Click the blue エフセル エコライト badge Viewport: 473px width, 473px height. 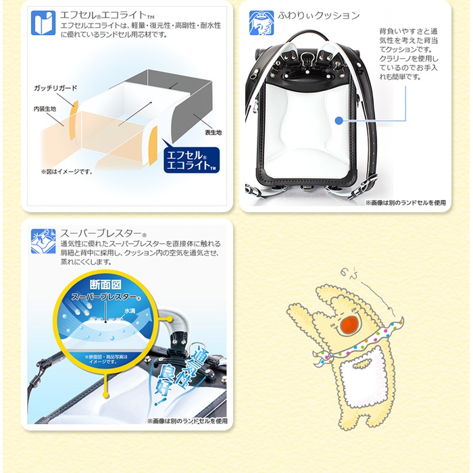tap(191, 160)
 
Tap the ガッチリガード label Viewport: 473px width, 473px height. tap(55, 88)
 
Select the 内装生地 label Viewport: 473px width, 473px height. tap(45, 109)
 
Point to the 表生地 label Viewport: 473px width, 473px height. tap(213, 132)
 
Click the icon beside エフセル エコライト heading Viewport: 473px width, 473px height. tap(43, 23)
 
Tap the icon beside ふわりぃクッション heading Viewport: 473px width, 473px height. tap(262, 23)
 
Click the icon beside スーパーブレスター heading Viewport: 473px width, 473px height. tap(43, 241)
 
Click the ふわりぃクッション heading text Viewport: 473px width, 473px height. tap(318, 16)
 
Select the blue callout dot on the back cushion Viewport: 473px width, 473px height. tap(339, 121)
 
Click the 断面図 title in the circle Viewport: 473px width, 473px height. tap(105, 284)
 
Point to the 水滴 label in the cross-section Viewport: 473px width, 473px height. tap(130, 310)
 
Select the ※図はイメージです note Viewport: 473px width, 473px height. tap(67, 172)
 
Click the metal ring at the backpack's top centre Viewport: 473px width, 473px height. tap(307, 56)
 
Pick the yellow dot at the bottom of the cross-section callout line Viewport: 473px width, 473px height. tap(105, 395)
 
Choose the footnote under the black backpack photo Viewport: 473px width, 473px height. tap(405, 203)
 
